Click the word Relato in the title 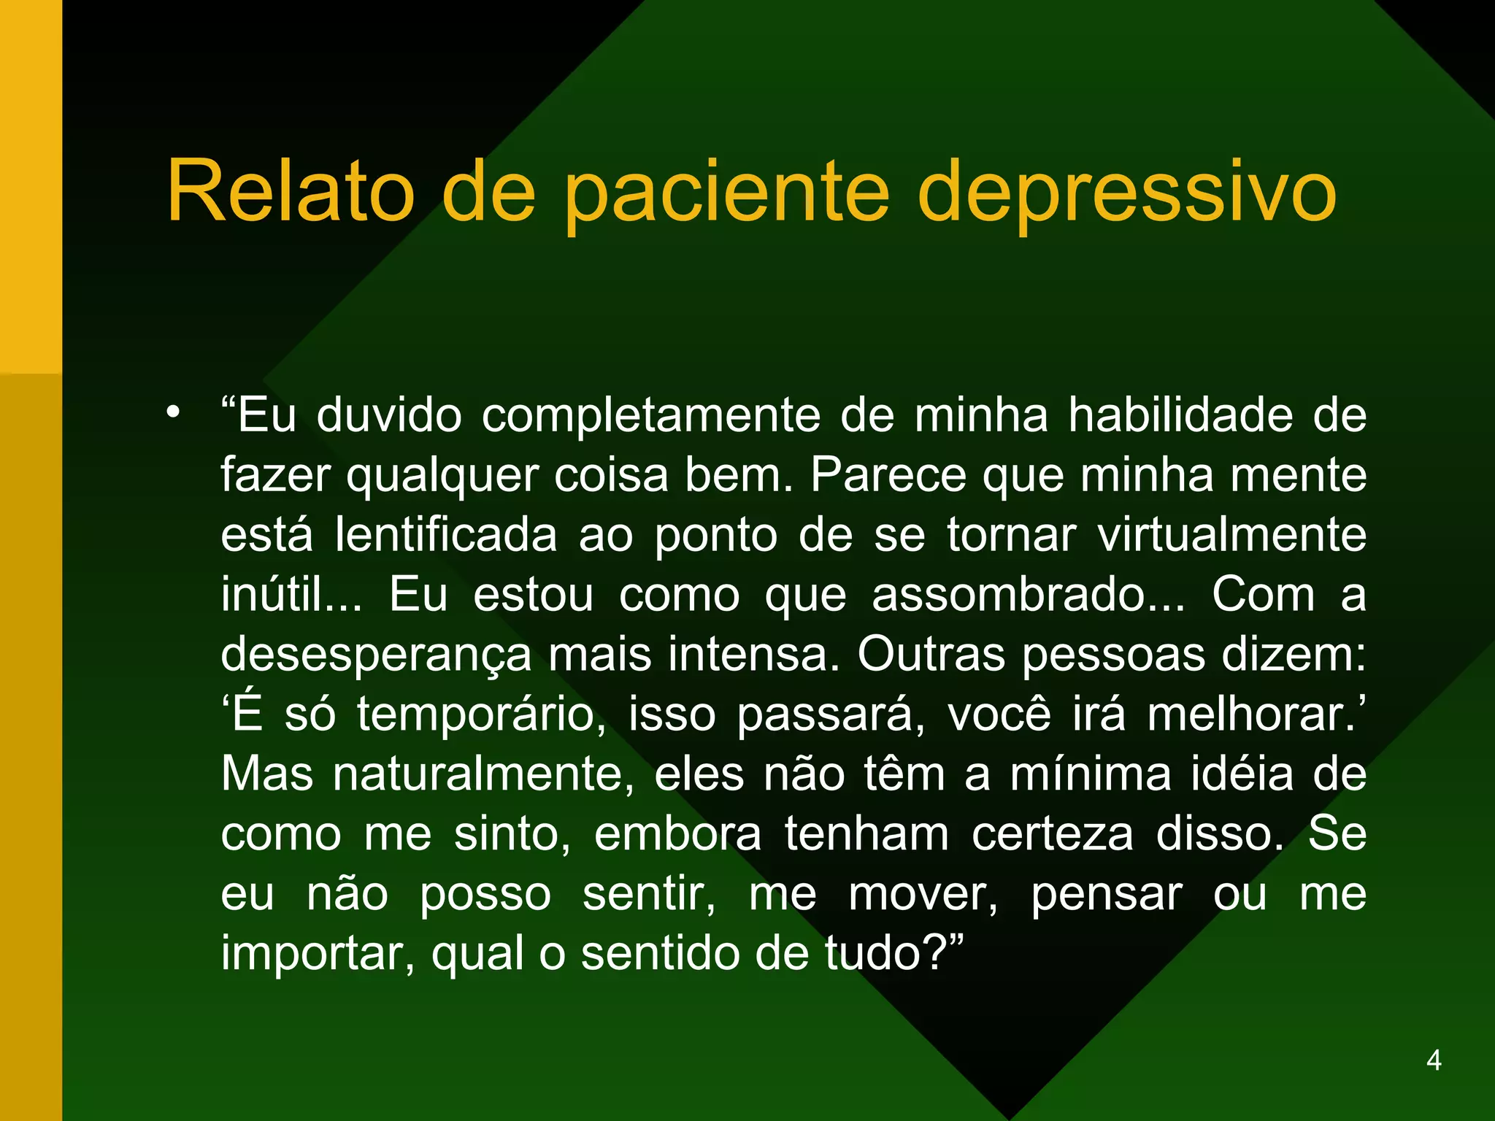pos(291,191)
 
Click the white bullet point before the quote pos(172,413)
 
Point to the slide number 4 pos(1434,1060)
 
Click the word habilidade pos(1180,415)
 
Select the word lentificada pos(446,534)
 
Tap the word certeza pos(1052,833)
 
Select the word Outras pos(931,654)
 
